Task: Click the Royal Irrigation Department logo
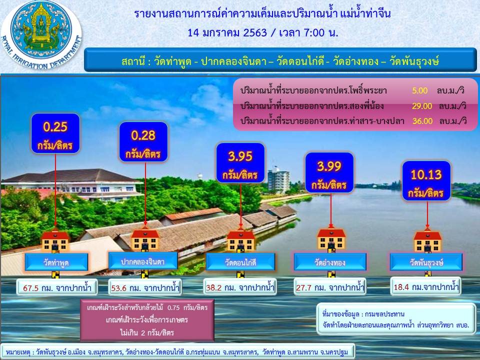(41, 34)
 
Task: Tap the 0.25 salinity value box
(55, 133)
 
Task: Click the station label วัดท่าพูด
(56, 262)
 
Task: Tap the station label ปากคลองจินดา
(143, 261)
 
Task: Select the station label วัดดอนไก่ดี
(240, 262)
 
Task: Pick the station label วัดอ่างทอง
(330, 262)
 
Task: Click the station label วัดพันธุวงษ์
(426, 262)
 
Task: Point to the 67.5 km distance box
(57, 287)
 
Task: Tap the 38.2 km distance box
(240, 287)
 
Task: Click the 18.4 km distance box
(426, 287)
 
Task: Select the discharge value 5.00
(419, 90)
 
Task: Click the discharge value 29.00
(422, 106)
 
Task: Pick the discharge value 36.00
(422, 121)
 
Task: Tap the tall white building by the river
(278, 180)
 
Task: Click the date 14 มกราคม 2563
(227, 32)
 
